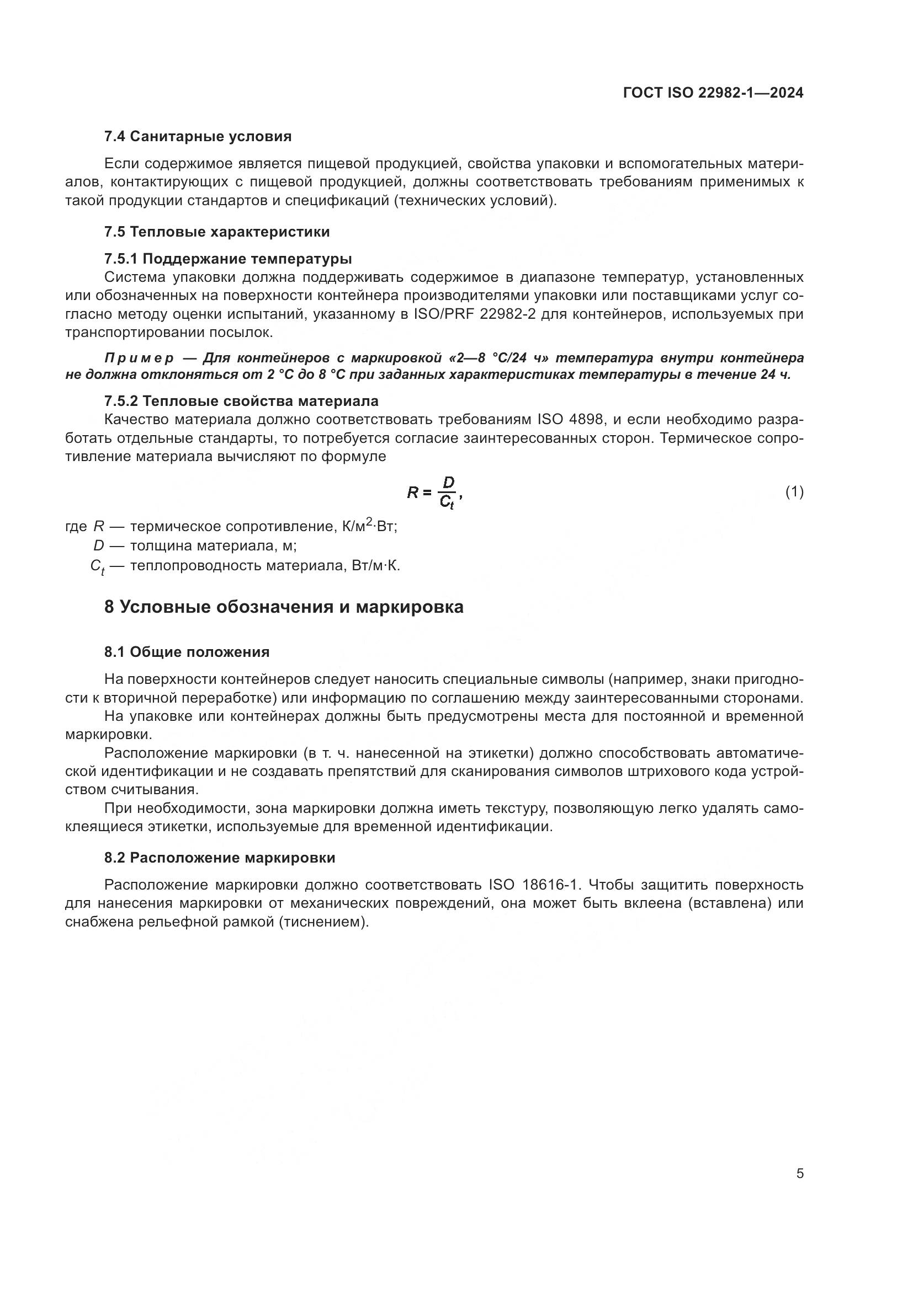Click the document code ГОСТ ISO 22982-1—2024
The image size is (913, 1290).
coord(713,93)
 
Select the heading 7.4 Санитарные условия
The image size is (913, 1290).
coord(198,136)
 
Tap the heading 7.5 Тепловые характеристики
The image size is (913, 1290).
coord(217,232)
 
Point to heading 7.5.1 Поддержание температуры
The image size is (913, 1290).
coord(229,259)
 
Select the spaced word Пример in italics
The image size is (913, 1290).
coord(139,358)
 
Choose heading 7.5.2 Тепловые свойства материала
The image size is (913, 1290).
coord(241,401)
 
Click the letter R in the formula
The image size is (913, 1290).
coord(413,493)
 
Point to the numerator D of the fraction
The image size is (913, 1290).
coord(448,483)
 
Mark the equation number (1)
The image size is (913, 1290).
coord(794,492)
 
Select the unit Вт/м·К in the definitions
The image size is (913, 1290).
coord(375,565)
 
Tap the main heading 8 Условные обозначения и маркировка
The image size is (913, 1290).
coord(284,607)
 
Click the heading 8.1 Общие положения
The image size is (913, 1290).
coord(187,652)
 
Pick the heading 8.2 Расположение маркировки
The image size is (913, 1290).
coord(220,858)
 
